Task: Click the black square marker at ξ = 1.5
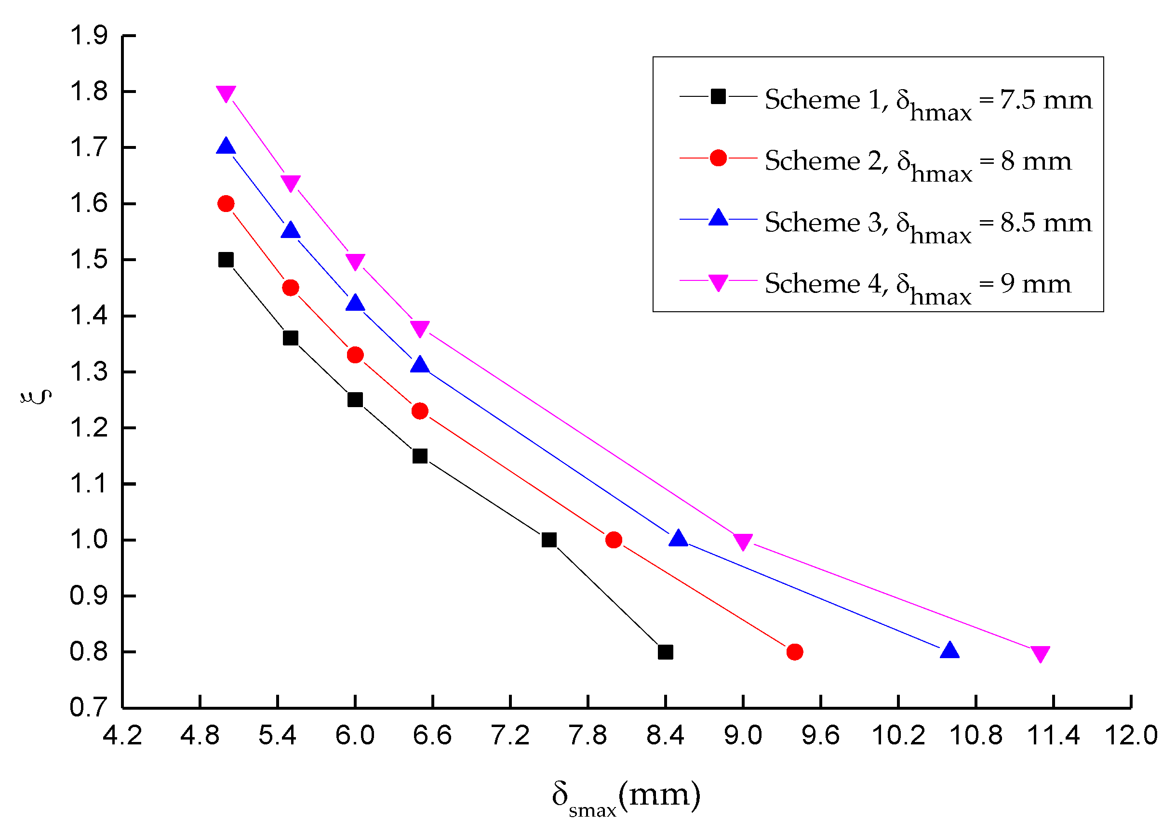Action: tap(226, 260)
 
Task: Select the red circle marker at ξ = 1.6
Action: tap(226, 204)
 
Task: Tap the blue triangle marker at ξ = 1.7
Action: tap(226, 147)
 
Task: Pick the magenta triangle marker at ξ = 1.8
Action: tap(226, 93)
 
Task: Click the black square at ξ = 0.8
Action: tap(665, 652)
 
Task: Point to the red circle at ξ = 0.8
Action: tap(795, 652)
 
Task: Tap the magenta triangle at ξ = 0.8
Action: tap(1041, 654)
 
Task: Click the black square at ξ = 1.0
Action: tap(549, 540)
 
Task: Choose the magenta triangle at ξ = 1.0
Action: tap(743, 541)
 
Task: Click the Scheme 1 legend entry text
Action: tap(928, 101)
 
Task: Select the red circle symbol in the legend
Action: tap(718, 158)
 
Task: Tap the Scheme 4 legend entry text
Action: tap(918, 286)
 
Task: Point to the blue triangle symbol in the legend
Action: tap(718, 218)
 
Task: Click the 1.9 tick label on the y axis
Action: tap(88, 36)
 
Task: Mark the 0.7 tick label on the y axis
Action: tap(88, 708)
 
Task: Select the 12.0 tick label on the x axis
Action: tap(1131, 736)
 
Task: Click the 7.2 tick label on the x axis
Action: tap(510, 736)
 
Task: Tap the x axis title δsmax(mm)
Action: tap(626, 797)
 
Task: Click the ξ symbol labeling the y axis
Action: tap(36, 397)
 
